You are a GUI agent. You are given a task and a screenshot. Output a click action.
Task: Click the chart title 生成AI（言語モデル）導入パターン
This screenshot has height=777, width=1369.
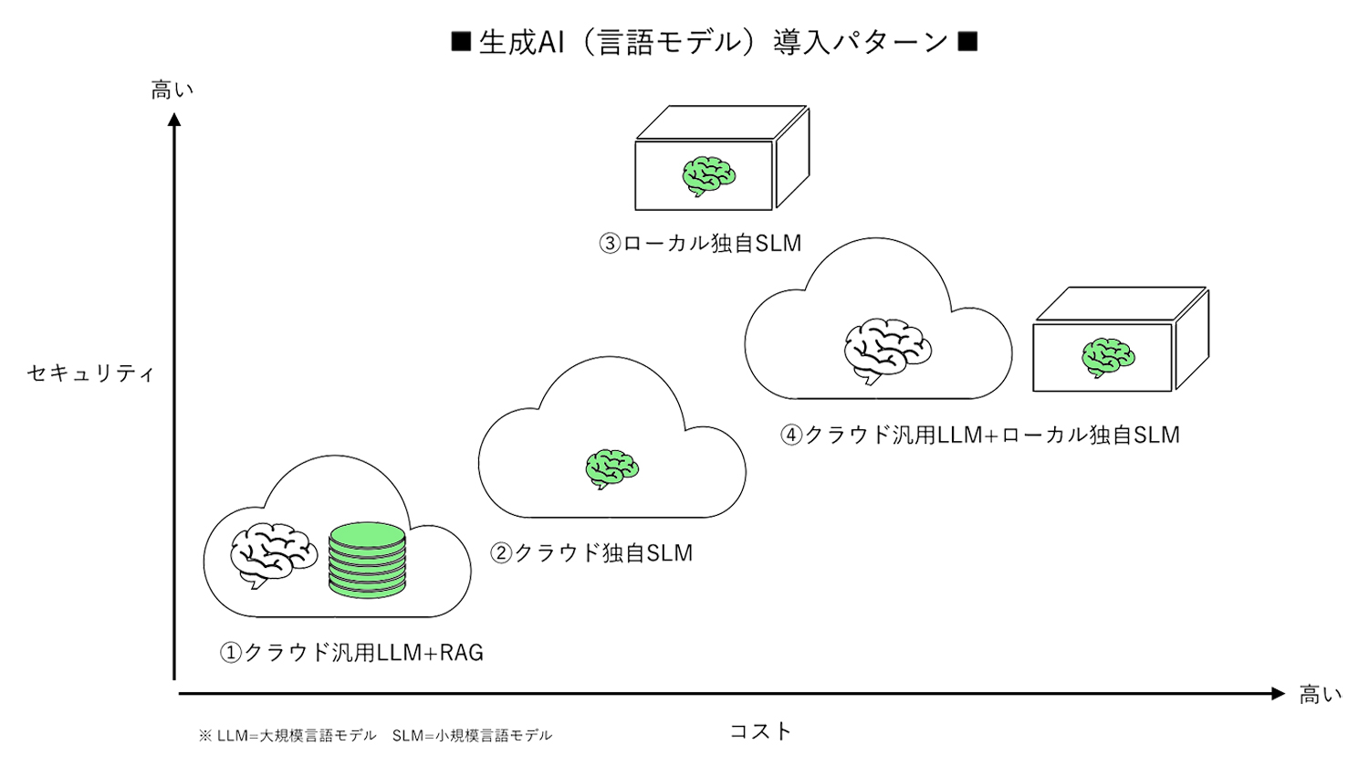tap(714, 42)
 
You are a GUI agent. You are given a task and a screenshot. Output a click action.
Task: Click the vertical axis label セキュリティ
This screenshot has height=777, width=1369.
tap(90, 373)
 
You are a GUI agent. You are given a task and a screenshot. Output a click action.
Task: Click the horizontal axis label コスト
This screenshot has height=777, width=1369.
tap(760, 730)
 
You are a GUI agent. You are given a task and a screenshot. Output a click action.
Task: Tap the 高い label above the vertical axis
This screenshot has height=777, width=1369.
tap(172, 89)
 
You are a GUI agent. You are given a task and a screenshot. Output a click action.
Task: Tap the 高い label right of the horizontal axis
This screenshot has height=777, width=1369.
tap(1320, 695)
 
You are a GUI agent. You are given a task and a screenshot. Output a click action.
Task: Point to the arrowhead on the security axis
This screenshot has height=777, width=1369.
tap(174, 120)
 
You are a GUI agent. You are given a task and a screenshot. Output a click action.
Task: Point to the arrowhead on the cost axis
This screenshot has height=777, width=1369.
tap(1278, 694)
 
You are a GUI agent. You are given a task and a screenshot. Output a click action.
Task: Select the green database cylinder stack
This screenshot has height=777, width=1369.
tap(367, 560)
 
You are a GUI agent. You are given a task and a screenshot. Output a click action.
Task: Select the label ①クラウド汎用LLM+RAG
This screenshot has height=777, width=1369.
tap(351, 653)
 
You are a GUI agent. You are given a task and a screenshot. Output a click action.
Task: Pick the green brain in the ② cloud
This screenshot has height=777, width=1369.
tap(611, 468)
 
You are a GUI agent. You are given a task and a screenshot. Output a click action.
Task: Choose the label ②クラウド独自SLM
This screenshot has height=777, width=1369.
tap(591, 553)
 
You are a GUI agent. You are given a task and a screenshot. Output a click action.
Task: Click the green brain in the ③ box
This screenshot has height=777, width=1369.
tap(708, 175)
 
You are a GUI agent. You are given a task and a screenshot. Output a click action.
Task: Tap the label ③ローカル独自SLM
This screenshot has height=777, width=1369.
tap(700, 244)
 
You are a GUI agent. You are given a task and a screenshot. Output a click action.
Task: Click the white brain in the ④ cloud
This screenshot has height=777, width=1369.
tap(886, 350)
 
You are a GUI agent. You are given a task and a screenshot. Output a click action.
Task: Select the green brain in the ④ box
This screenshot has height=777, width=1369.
tap(1107, 357)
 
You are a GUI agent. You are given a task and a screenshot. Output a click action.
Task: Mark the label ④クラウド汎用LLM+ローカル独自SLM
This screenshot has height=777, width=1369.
tap(980, 436)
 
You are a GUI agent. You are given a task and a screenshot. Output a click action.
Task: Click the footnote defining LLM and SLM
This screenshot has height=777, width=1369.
tap(375, 735)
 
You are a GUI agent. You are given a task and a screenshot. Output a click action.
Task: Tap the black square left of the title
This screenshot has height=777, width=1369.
tap(461, 41)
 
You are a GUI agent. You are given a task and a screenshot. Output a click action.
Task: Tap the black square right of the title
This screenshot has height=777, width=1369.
tap(968, 41)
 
